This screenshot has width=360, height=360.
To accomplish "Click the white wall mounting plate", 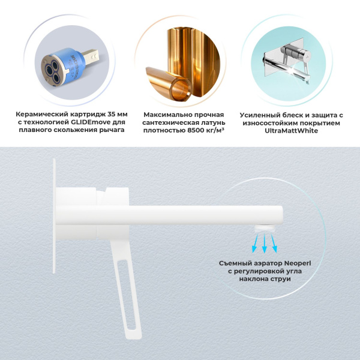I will coord(55,216).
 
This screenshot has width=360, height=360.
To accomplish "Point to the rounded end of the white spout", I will coord(277,215).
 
